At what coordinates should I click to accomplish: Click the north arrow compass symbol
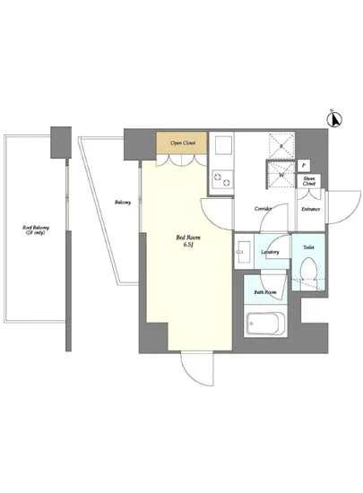(333, 117)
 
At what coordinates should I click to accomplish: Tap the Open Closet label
(183, 142)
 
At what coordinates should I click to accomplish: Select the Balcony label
(124, 203)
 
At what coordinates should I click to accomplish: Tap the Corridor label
(264, 208)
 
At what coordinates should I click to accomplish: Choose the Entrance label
(310, 209)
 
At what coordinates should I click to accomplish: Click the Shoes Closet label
(309, 182)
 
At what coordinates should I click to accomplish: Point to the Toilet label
(308, 246)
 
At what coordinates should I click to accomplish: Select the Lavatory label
(271, 253)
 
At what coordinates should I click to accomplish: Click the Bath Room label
(264, 292)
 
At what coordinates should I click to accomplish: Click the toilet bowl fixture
(308, 270)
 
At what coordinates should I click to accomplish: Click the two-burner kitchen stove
(220, 177)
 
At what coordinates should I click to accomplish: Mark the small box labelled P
(305, 166)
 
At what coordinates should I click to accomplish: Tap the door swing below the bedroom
(195, 368)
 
